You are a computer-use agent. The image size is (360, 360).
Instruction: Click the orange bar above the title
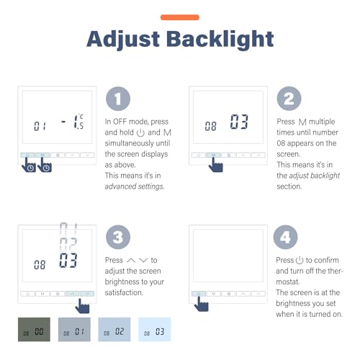[x=180, y=17]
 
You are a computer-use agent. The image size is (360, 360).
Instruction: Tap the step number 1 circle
[x=118, y=99]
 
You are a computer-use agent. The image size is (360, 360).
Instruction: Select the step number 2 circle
[x=289, y=99]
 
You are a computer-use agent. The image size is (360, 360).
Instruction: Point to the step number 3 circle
[x=118, y=237]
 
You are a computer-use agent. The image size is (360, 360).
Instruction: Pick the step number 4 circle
[x=285, y=237]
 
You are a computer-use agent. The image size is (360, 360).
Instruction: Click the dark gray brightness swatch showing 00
[x=34, y=329]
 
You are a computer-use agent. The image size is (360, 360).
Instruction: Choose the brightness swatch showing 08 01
[x=74, y=329]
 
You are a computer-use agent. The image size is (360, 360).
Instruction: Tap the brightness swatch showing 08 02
[x=114, y=329]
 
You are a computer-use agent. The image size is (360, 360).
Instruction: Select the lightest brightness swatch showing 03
[x=154, y=329]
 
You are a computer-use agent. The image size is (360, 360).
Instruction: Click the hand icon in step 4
[x=201, y=304]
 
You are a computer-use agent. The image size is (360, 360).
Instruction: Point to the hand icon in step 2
[x=215, y=165]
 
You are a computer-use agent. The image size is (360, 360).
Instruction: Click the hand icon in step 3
[x=82, y=306]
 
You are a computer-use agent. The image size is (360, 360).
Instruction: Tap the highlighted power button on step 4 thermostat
[x=199, y=294]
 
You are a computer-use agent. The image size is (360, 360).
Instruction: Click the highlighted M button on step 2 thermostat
[x=214, y=155]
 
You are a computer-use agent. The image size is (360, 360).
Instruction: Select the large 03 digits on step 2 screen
[x=239, y=122]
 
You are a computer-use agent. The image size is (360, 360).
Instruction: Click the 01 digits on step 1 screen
[x=40, y=126]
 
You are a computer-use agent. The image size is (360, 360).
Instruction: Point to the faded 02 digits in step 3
[x=68, y=244]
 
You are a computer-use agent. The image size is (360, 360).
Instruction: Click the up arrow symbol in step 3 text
[x=131, y=261]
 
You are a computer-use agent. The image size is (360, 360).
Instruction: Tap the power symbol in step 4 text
[x=300, y=260]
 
